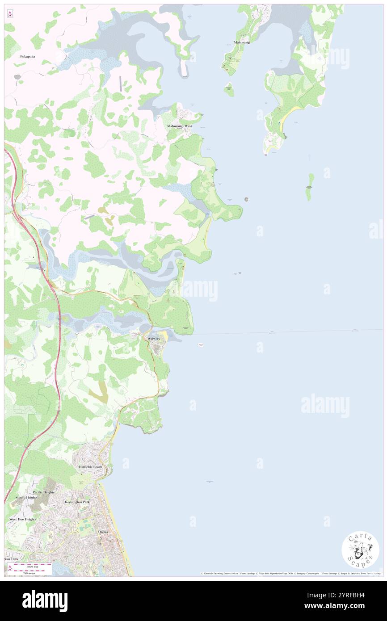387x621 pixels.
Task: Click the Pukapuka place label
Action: tap(27, 57)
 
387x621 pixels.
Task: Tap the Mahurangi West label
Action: tap(179, 126)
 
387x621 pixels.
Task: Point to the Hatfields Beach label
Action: tap(91, 466)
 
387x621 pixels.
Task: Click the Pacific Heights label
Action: tap(43, 492)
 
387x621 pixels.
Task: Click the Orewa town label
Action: tap(104, 532)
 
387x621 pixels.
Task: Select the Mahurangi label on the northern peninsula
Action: tap(241, 42)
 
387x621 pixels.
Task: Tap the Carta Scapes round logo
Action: tap(360, 550)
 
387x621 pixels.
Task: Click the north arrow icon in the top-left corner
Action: tap(9, 14)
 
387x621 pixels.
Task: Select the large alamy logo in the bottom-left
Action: tap(45, 600)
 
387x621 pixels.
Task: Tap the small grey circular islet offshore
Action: tap(246, 199)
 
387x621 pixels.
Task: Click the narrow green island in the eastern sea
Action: tap(309, 187)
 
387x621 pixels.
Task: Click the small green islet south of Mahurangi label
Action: tap(229, 89)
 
